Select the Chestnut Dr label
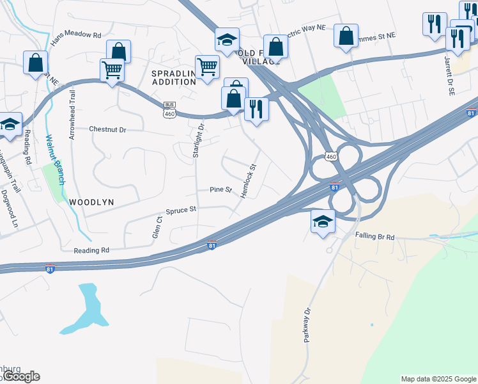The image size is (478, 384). click(108, 129)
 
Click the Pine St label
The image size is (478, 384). click(220, 189)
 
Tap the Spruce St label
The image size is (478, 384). click(181, 209)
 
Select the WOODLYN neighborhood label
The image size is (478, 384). click(91, 202)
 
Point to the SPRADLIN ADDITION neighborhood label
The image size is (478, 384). click(173, 77)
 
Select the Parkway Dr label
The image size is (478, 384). click(307, 326)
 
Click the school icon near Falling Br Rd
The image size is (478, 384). click(323, 222)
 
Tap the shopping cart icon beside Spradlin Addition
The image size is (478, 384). click(207, 67)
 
